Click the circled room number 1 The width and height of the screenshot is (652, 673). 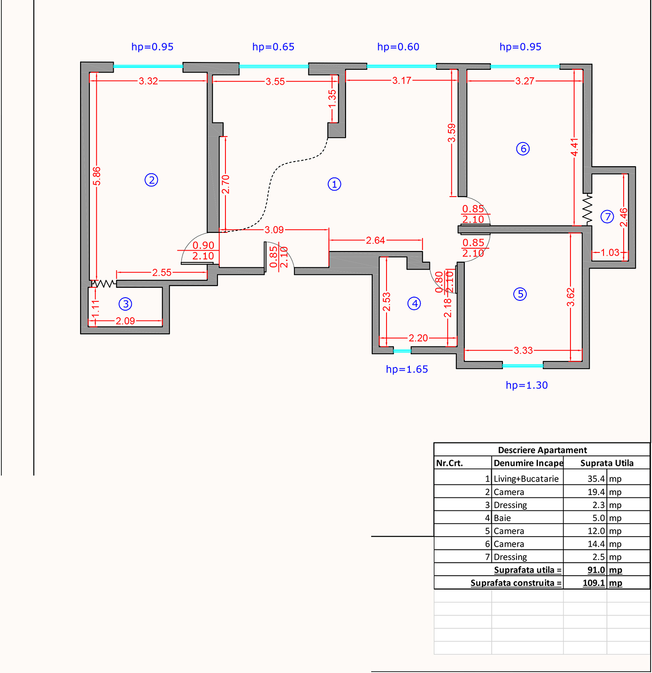pyautogui.click(x=334, y=184)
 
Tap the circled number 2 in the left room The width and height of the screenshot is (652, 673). pyautogui.click(x=151, y=180)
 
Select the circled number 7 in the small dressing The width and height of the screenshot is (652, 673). pyautogui.click(x=607, y=217)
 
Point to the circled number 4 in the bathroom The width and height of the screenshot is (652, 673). pyautogui.click(x=414, y=304)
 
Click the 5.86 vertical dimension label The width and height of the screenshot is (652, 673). pyautogui.click(x=96, y=176)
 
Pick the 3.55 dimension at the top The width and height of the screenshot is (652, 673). pyautogui.click(x=275, y=82)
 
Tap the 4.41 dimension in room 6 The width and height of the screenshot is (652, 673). pyautogui.click(x=574, y=147)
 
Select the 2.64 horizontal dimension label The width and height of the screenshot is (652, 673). pyautogui.click(x=375, y=240)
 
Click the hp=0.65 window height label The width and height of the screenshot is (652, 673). pyautogui.click(x=273, y=47)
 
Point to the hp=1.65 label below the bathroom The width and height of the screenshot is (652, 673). pyautogui.click(x=407, y=369)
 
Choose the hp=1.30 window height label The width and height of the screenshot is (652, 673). pyautogui.click(x=527, y=385)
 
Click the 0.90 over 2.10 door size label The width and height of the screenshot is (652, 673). pyautogui.click(x=203, y=251)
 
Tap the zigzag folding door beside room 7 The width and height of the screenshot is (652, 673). pyautogui.click(x=587, y=209)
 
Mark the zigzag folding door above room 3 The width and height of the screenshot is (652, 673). pyautogui.click(x=103, y=283)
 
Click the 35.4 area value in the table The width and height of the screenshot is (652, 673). pyautogui.click(x=596, y=479)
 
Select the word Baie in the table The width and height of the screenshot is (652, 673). pyautogui.click(x=502, y=518)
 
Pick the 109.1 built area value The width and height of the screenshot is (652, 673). pyautogui.click(x=594, y=583)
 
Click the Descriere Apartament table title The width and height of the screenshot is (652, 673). pyautogui.click(x=542, y=450)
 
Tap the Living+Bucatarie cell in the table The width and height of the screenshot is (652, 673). pyautogui.click(x=526, y=479)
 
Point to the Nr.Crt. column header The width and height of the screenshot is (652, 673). pyautogui.click(x=449, y=463)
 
